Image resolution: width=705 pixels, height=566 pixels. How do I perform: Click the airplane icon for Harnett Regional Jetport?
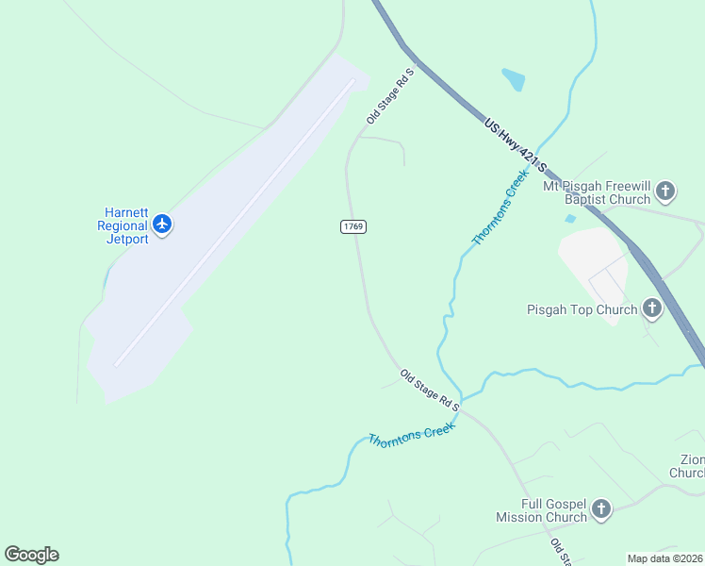coord(162,225)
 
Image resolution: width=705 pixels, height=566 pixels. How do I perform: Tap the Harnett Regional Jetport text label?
coord(123,225)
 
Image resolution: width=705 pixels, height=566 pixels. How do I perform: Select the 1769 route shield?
coord(353,227)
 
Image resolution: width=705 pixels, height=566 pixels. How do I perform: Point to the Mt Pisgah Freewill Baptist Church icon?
coord(665,192)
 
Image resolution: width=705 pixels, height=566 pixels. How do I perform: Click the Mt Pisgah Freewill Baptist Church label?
coord(596,192)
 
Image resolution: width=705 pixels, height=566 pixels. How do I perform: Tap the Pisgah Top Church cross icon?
coord(652,308)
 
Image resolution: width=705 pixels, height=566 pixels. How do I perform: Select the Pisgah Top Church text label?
coord(582,309)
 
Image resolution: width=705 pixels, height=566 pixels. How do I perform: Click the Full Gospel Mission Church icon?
coord(601,510)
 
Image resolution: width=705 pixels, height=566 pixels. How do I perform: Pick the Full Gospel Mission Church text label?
coord(541,510)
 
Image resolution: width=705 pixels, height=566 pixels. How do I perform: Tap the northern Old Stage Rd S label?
coord(390,95)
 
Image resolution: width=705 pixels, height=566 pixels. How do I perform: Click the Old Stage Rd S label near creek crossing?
coord(429,390)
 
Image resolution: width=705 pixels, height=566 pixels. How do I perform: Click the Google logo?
coord(31,555)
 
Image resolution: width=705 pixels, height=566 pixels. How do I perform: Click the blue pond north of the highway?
coord(514,79)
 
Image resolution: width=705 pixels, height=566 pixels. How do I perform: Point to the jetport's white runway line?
coord(236,222)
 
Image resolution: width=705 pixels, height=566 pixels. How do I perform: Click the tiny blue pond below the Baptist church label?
coord(570,219)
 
